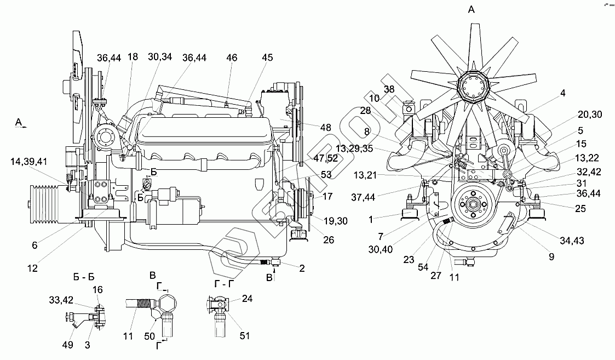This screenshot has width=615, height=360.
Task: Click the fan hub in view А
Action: (x=470, y=87)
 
